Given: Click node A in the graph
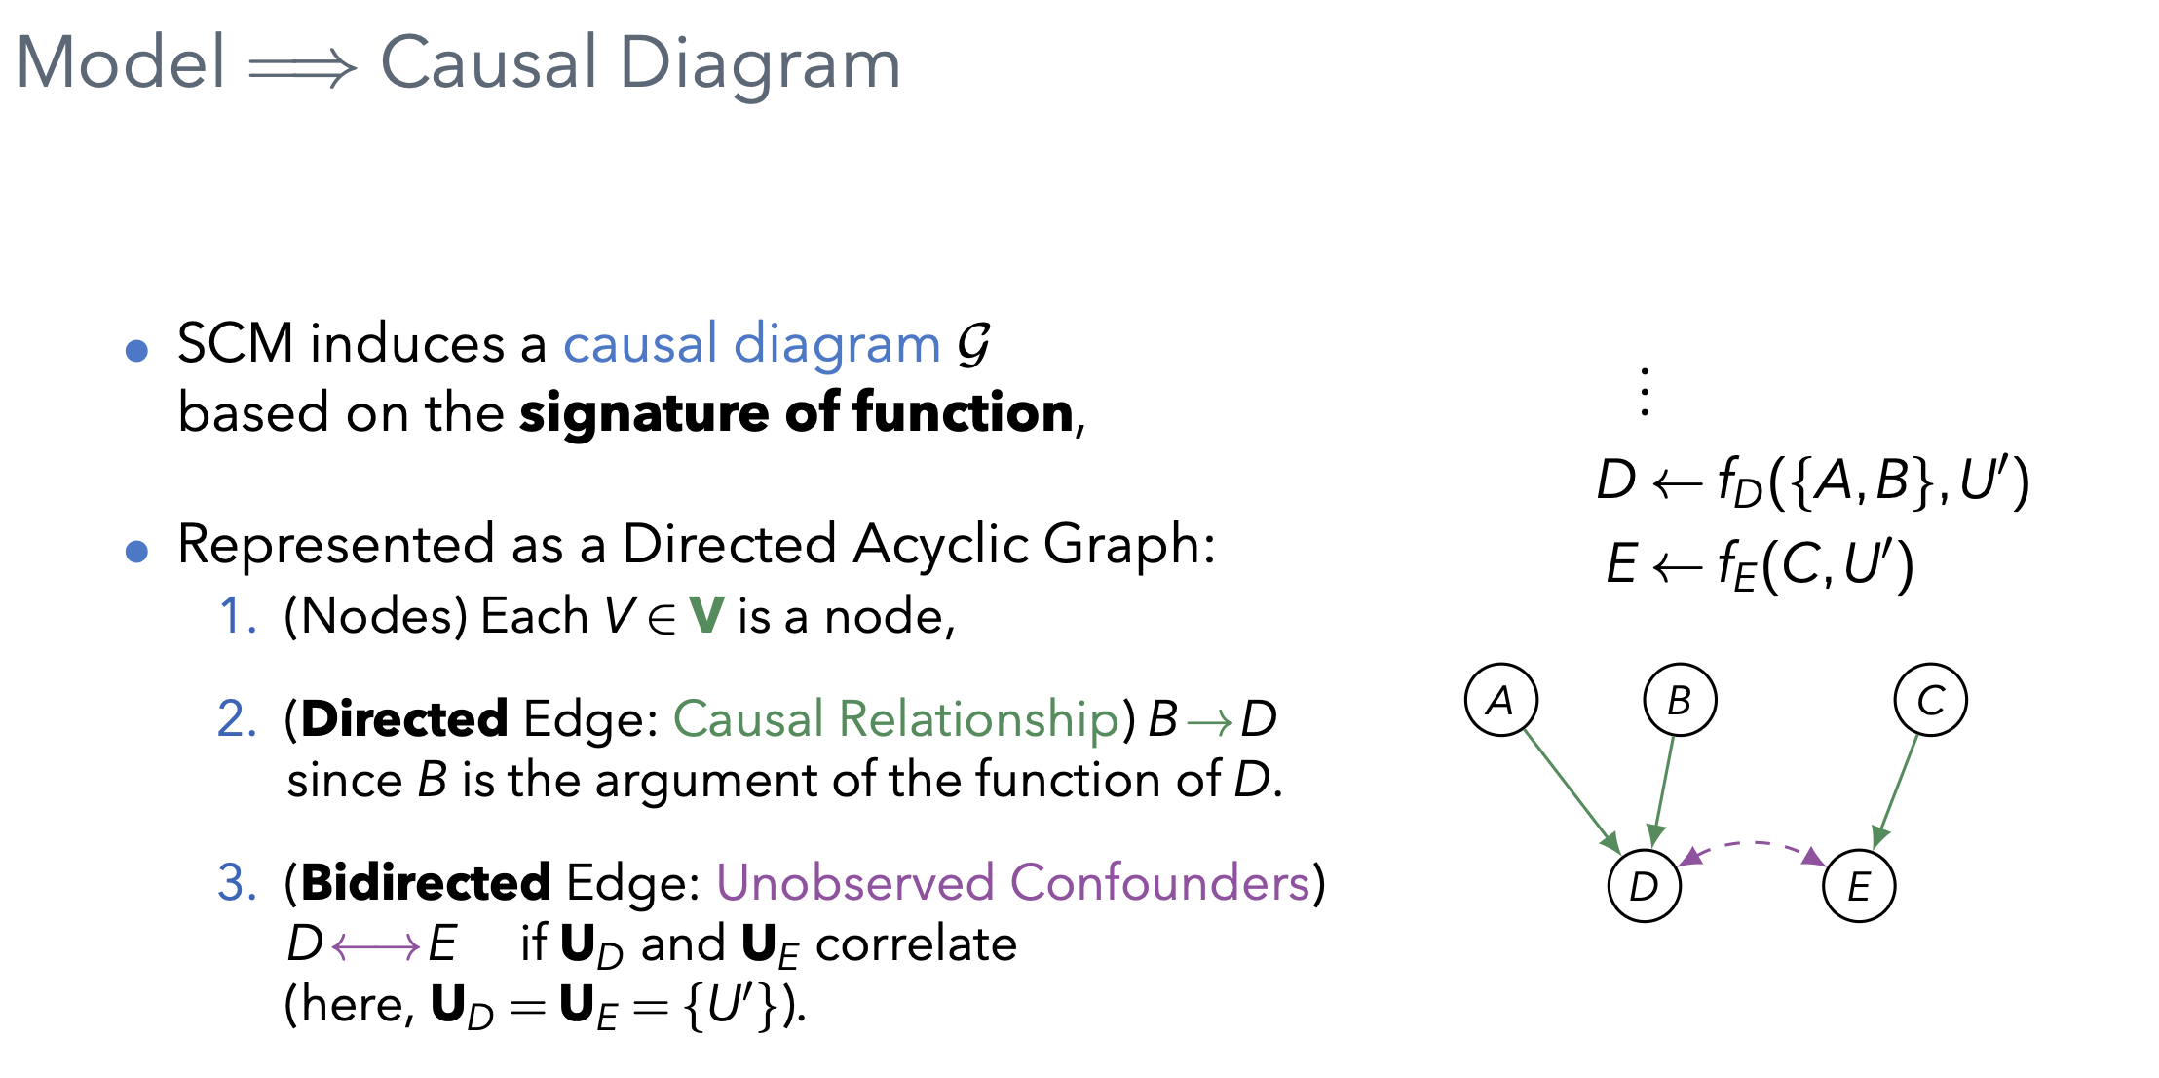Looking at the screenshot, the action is [x=1501, y=700].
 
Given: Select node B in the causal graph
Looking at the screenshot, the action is [x=1680, y=700].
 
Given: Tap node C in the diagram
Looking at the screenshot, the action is [x=1930, y=700].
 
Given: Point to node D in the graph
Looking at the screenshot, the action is [x=1644, y=885].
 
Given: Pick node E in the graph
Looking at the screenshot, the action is [x=1859, y=885].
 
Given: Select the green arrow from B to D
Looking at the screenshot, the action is [x=1663, y=789].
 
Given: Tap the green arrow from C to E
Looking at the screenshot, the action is [x=1896, y=790].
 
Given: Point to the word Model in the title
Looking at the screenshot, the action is [x=121, y=62].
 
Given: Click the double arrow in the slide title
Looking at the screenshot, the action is [x=303, y=68].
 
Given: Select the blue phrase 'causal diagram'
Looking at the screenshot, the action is [x=751, y=344].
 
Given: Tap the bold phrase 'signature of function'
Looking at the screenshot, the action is [x=796, y=412].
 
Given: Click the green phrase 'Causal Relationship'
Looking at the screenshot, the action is [x=895, y=719].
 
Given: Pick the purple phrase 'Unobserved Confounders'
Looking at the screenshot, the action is [x=1013, y=883].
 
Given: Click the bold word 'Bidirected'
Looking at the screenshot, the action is [x=426, y=883].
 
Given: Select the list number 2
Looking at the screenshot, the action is [x=237, y=719].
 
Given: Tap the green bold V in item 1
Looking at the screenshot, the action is [x=706, y=615].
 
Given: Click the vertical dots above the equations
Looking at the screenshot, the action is [x=1645, y=392].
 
